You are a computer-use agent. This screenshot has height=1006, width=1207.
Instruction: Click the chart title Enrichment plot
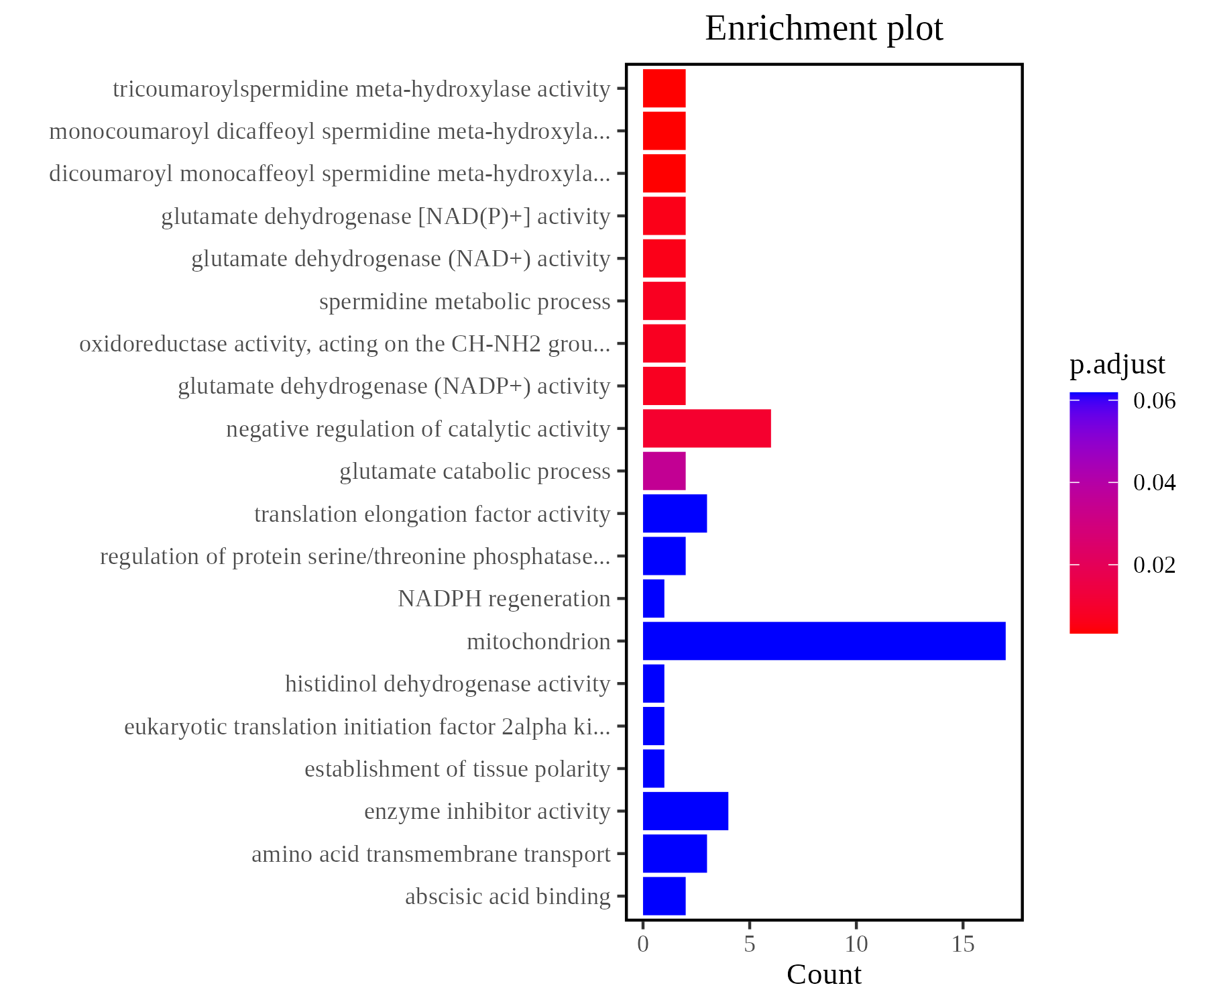823,29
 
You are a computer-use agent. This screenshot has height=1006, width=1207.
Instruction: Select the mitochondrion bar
823,641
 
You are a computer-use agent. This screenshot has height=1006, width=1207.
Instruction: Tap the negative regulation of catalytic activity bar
707,429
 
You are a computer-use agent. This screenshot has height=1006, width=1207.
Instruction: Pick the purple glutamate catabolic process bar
664,471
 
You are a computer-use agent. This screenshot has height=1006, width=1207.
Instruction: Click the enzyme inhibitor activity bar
685,811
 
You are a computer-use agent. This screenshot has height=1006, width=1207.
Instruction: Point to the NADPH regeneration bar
654,598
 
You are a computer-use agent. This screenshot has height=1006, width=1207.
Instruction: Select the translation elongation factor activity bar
675,514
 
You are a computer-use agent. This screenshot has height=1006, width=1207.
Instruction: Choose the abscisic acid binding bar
664,896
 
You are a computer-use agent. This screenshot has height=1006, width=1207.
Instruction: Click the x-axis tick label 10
856,945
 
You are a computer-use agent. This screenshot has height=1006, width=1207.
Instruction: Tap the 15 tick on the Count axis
963,945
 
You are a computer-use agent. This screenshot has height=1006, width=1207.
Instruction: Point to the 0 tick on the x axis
643,945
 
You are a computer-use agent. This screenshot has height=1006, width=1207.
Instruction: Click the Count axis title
823,975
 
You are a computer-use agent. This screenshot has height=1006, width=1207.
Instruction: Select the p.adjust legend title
1117,364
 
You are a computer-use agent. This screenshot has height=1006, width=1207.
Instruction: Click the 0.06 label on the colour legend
1154,401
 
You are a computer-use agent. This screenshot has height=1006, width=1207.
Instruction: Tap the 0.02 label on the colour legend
1154,565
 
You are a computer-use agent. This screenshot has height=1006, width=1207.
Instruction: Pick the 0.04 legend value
1154,483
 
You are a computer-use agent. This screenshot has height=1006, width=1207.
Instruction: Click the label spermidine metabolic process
465,302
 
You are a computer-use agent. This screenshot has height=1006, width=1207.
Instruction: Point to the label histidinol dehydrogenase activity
447,684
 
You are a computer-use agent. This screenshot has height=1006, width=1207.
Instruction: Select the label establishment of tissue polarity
457,769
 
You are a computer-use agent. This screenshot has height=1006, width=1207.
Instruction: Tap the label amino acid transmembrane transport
430,854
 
